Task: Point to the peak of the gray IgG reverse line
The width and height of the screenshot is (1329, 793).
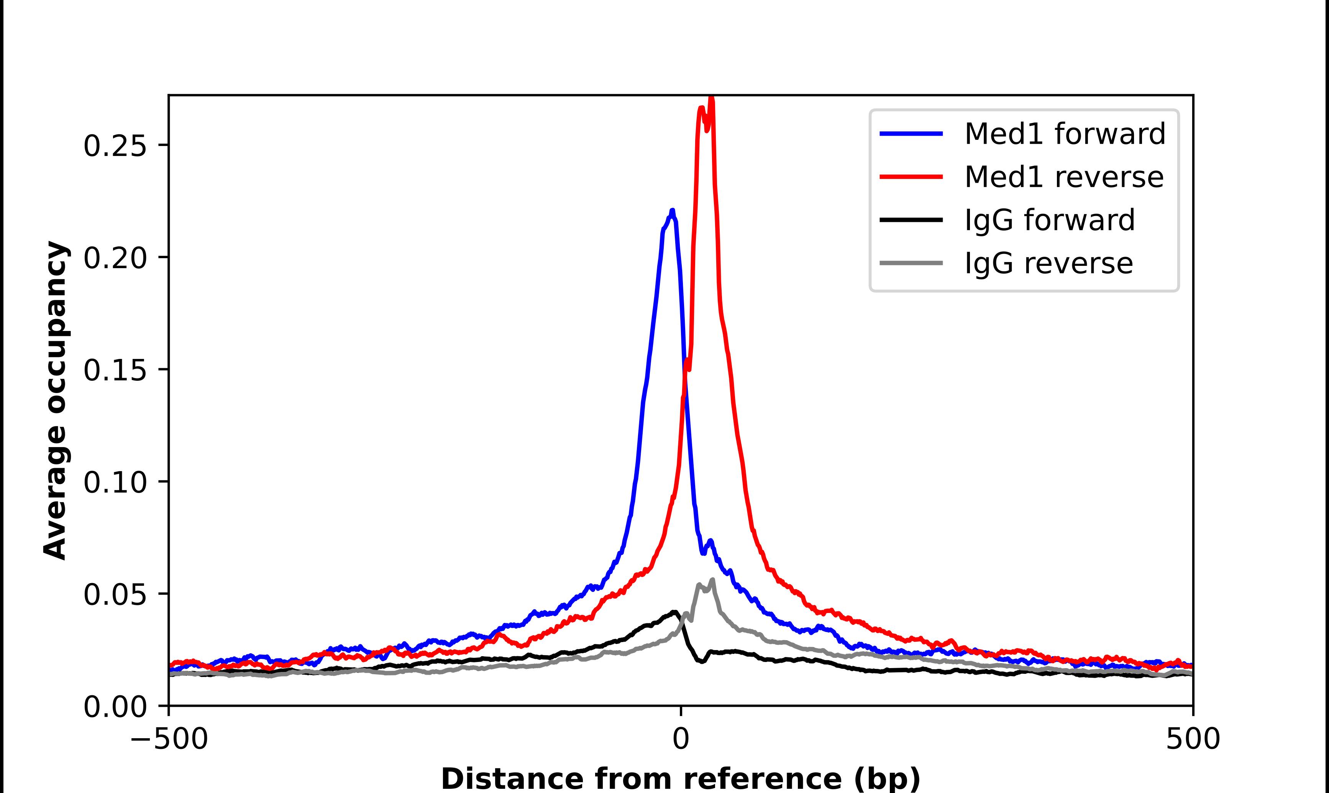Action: pyautogui.click(x=712, y=579)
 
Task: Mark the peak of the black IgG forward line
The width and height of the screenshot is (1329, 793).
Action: pyautogui.click(x=675, y=612)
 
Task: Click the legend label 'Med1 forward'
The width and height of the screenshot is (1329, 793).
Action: pyautogui.click(x=1065, y=134)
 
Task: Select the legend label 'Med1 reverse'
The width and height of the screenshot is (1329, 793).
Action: pyautogui.click(x=1063, y=177)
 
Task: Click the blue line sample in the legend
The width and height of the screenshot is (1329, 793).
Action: pyautogui.click(x=911, y=134)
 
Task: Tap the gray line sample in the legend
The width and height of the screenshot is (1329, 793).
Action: pyautogui.click(x=911, y=263)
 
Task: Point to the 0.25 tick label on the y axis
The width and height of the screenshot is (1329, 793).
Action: pyautogui.click(x=115, y=145)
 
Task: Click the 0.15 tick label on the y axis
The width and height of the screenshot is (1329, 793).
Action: pyautogui.click(x=115, y=370)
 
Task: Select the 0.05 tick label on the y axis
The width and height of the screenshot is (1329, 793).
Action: pyautogui.click(x=115, y=594)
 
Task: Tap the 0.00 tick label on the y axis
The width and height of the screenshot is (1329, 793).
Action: pyautogui.click(x=115, y=707)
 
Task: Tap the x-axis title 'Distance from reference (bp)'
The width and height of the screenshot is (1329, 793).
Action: pyautogui.click(x=680, y=778)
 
